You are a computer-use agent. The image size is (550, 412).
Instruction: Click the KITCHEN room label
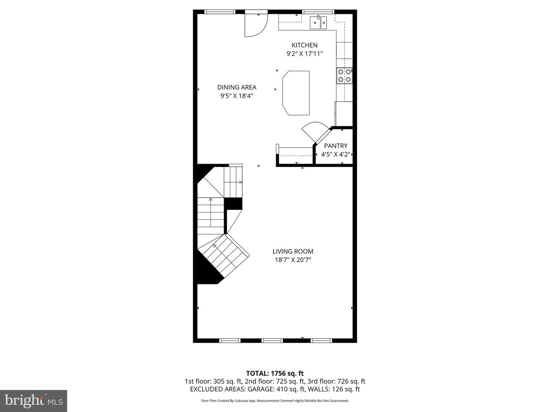[304, 45]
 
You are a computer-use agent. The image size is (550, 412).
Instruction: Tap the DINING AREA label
[236, 87]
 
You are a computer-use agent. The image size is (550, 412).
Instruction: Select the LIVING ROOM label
[293, 251]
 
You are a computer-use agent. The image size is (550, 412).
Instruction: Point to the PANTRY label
[336, 146]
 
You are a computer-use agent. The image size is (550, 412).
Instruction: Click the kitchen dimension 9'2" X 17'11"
[304, 54]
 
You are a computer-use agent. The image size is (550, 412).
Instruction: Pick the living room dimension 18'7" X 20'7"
[293, 260]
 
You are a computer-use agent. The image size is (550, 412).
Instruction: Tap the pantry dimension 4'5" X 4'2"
[336, 154]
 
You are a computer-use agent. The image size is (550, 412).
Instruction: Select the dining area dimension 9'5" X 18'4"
[236, 96]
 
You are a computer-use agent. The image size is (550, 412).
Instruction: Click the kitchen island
[296, 93]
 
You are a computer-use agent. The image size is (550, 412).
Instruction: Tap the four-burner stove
[344, 76]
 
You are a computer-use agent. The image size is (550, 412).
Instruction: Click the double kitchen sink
[318, 22]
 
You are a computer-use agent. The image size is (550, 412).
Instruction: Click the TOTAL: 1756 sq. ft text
[275, 373]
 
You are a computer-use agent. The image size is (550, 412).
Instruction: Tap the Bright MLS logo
[34, 401]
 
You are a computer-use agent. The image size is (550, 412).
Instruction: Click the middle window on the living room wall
[272, 340]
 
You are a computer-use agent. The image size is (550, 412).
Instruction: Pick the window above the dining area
[220, 12]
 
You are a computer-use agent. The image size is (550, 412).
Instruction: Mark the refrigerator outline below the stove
[344, 114]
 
